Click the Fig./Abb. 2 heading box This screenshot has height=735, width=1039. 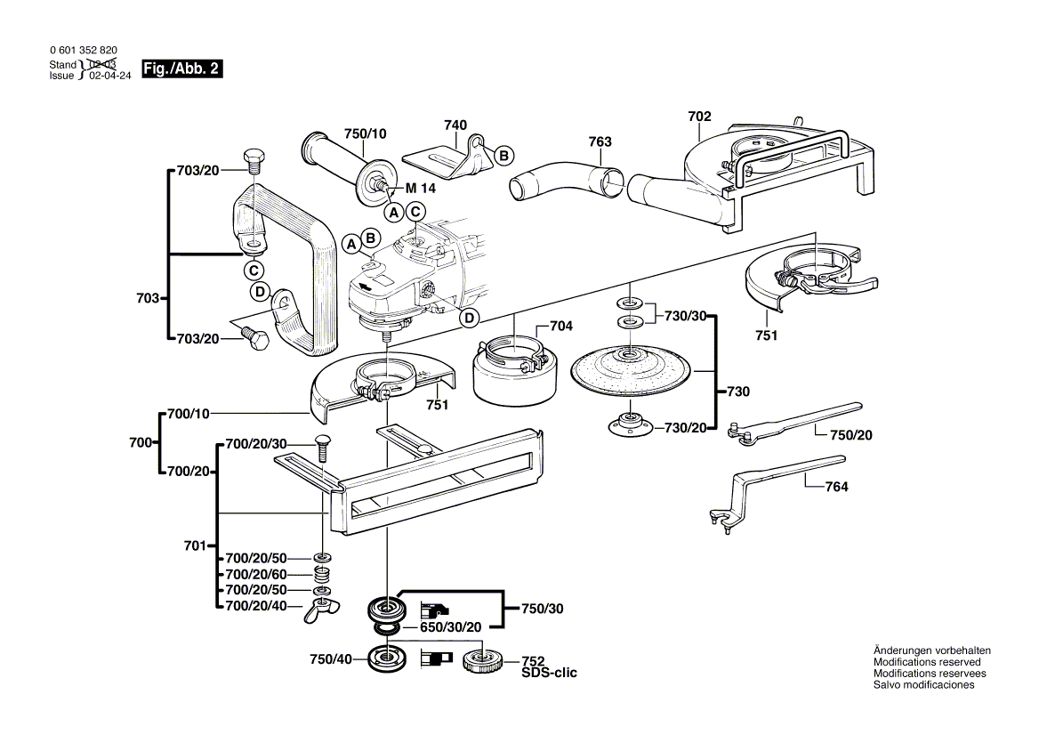click(x=181, y=69)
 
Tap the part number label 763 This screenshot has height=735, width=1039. click(x=600, y=141)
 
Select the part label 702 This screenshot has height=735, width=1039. click(x=699, y=117)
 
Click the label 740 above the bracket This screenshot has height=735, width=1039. click(x=455, y=126)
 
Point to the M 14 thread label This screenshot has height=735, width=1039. click(x=421, y=189)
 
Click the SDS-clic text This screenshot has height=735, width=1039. click(x=549, y=674)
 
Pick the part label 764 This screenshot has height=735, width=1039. click(x=836, y=487)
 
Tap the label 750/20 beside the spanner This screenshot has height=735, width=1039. click(x=851, y=435)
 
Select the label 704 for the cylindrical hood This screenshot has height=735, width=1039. click(x=560, y=327)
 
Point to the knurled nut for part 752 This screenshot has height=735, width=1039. click(x=485, y=662)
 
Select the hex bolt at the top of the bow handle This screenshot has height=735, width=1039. click(x=253, y=163)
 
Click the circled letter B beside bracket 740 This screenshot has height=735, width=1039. click(x=503, y=156)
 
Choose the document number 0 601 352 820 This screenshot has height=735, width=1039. click(x=83, y=52)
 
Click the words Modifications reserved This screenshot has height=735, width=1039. click(x=927, y=662)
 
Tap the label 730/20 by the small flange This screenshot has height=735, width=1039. click(x=685, y=428)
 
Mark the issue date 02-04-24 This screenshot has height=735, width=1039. click(x=110, y=76)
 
